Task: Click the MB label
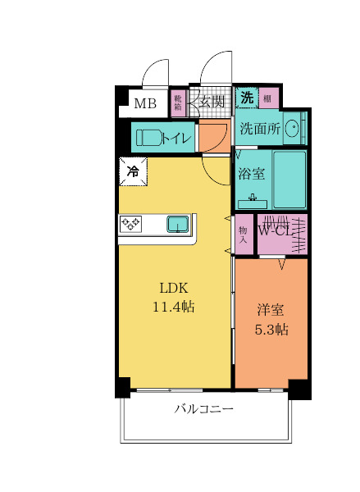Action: click(x=145, y=103)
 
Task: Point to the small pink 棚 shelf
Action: click(x=268, y=98)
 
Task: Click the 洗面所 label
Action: click(x=260, y=129)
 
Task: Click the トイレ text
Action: click(x=177, y=139)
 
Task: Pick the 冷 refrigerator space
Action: click(x=133, y=171)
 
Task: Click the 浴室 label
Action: click(x=251, y=174)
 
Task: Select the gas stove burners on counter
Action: click(x=131, y=223)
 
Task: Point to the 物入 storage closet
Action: click(x=243, y=234)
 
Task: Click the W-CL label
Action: click(x=276, y=231)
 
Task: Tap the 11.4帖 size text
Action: click(x=173, y=307)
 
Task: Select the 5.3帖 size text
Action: click(x=271, y=329)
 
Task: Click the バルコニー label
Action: click(x=204, y=408)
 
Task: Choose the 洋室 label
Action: click(x=270, y=310)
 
